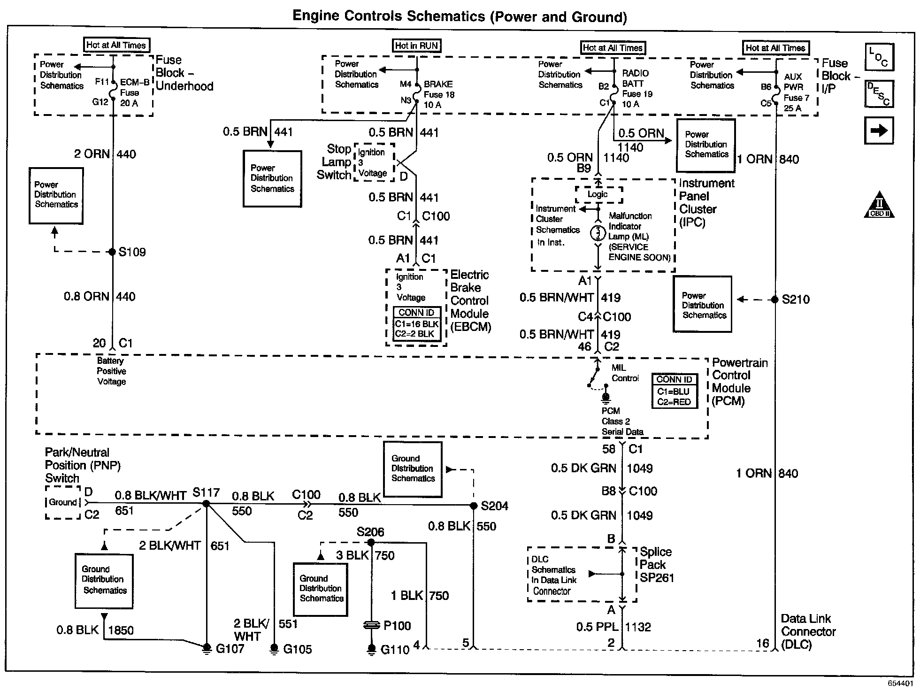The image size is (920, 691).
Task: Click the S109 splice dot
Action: click(112, 252)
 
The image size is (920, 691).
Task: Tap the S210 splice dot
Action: click(775, 299)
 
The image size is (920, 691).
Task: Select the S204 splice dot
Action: click(473, 506)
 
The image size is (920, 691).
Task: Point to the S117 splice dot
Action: click(206, 504)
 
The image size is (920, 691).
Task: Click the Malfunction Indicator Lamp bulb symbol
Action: click(598, 233)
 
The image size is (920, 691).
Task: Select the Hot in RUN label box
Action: click(417, 46)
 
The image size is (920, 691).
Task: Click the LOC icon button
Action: click(879, 57)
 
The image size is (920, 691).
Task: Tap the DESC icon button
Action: click(879, 94)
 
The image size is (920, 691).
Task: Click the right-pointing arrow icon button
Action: click(879, 131)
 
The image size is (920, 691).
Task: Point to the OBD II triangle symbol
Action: click(879, 206)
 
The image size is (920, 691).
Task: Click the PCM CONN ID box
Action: click(674, 391)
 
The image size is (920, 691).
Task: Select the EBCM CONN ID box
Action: click(416, 323)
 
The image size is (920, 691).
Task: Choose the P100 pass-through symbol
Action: click(371, 625)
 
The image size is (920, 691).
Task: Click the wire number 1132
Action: click(638, 627)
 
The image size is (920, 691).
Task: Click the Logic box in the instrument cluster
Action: click(598, 194)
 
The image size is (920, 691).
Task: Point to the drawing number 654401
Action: click(899, 683)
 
